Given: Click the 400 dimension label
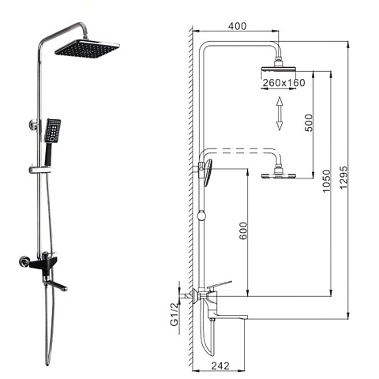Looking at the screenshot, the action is [x=237, y=26].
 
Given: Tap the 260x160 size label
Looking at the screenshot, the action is [x=284, y=83].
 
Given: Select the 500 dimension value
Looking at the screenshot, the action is [x=309, y=123].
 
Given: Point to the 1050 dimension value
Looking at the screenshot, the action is [x=326, y=181].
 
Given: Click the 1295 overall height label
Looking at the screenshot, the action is [x=343, y=177].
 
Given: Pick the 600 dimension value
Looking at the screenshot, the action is [x=243, y=231].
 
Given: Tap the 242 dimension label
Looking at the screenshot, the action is [x=220, y=366].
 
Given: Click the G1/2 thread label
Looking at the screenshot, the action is [x=174, y=314].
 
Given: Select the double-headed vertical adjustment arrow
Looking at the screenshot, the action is [x=280, y=114].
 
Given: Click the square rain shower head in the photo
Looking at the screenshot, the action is [x=87, y=47].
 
